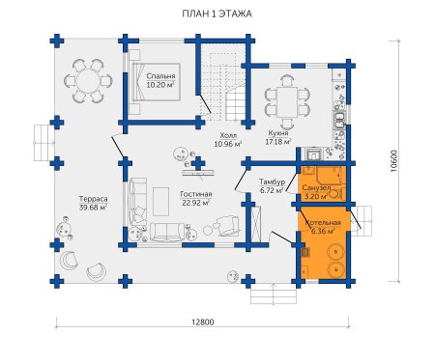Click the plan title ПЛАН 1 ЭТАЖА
(x=217, y=14)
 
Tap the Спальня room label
(x=160, y=76)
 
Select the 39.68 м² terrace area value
(x=93, y=208)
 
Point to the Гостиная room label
(x=196, y=194)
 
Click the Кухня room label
(x=278, y=133)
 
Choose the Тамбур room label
(x=273, y=182)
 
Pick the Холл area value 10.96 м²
(x=228, y=144)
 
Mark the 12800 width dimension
(x=202, y=321)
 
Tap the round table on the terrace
(x=88, y=80)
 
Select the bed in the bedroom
(x=155, y=82)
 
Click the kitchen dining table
(x=287, y=101)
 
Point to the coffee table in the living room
(x=160, y=202)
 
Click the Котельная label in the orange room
(x=323, y=223)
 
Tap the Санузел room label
(x=316, y=187)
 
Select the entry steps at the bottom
(x=274, y=296)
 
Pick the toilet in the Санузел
(x=336, y=194)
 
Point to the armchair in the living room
(x=228, y=224)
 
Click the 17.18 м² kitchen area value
(x=278, y=142)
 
